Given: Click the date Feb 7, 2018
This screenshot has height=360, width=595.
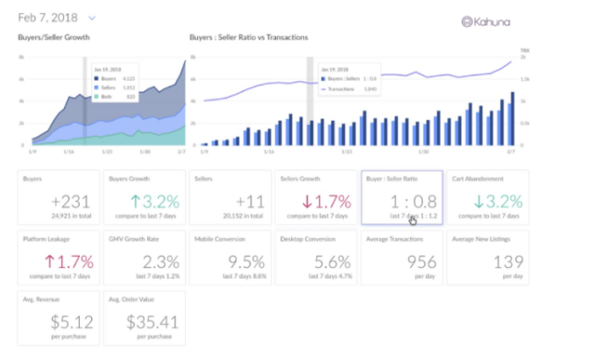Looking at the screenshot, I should (x=48, y=18).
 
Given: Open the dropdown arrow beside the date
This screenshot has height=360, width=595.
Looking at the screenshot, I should (x=92, y=18).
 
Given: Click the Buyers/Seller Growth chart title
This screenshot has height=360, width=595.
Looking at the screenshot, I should (x=53, y=38).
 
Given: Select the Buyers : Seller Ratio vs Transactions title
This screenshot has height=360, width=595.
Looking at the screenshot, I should (x=248, y=38).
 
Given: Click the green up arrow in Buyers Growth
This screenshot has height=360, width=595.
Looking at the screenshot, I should (x=138, y=200).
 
